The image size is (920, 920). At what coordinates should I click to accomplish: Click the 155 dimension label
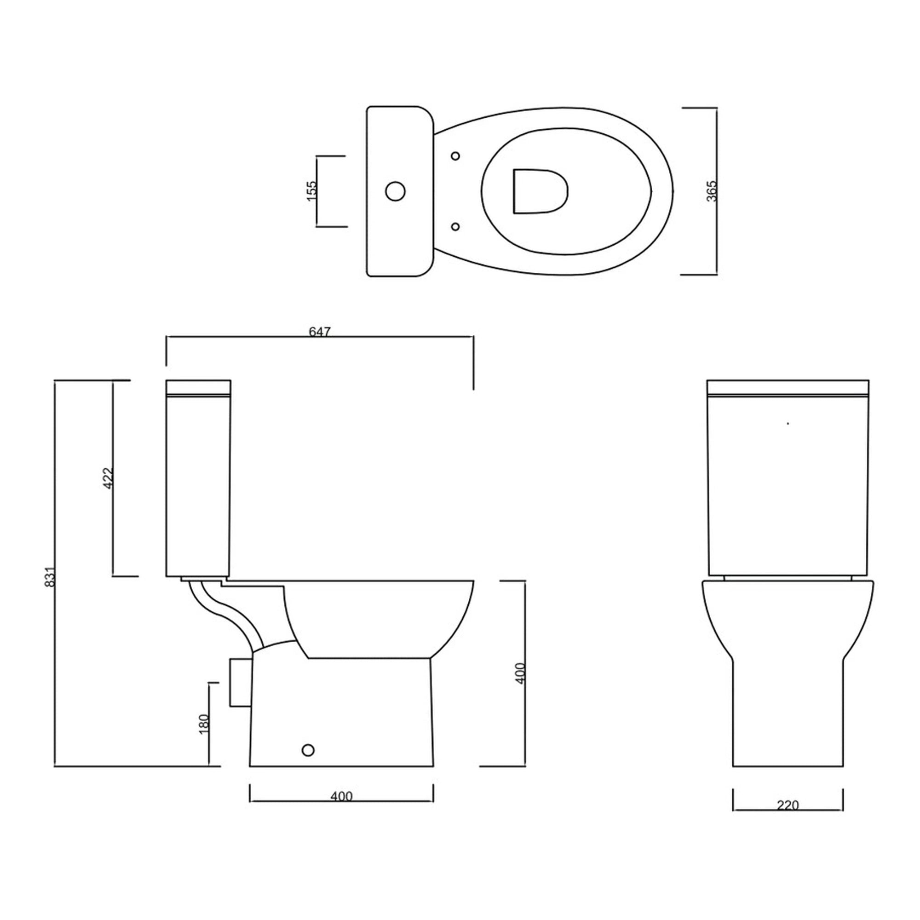312,191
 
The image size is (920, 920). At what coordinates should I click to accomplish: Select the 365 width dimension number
711,191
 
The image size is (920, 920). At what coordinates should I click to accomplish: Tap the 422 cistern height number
108,477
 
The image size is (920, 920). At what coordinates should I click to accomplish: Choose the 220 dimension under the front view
788,805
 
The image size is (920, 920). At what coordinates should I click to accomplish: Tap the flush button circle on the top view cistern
395,191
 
